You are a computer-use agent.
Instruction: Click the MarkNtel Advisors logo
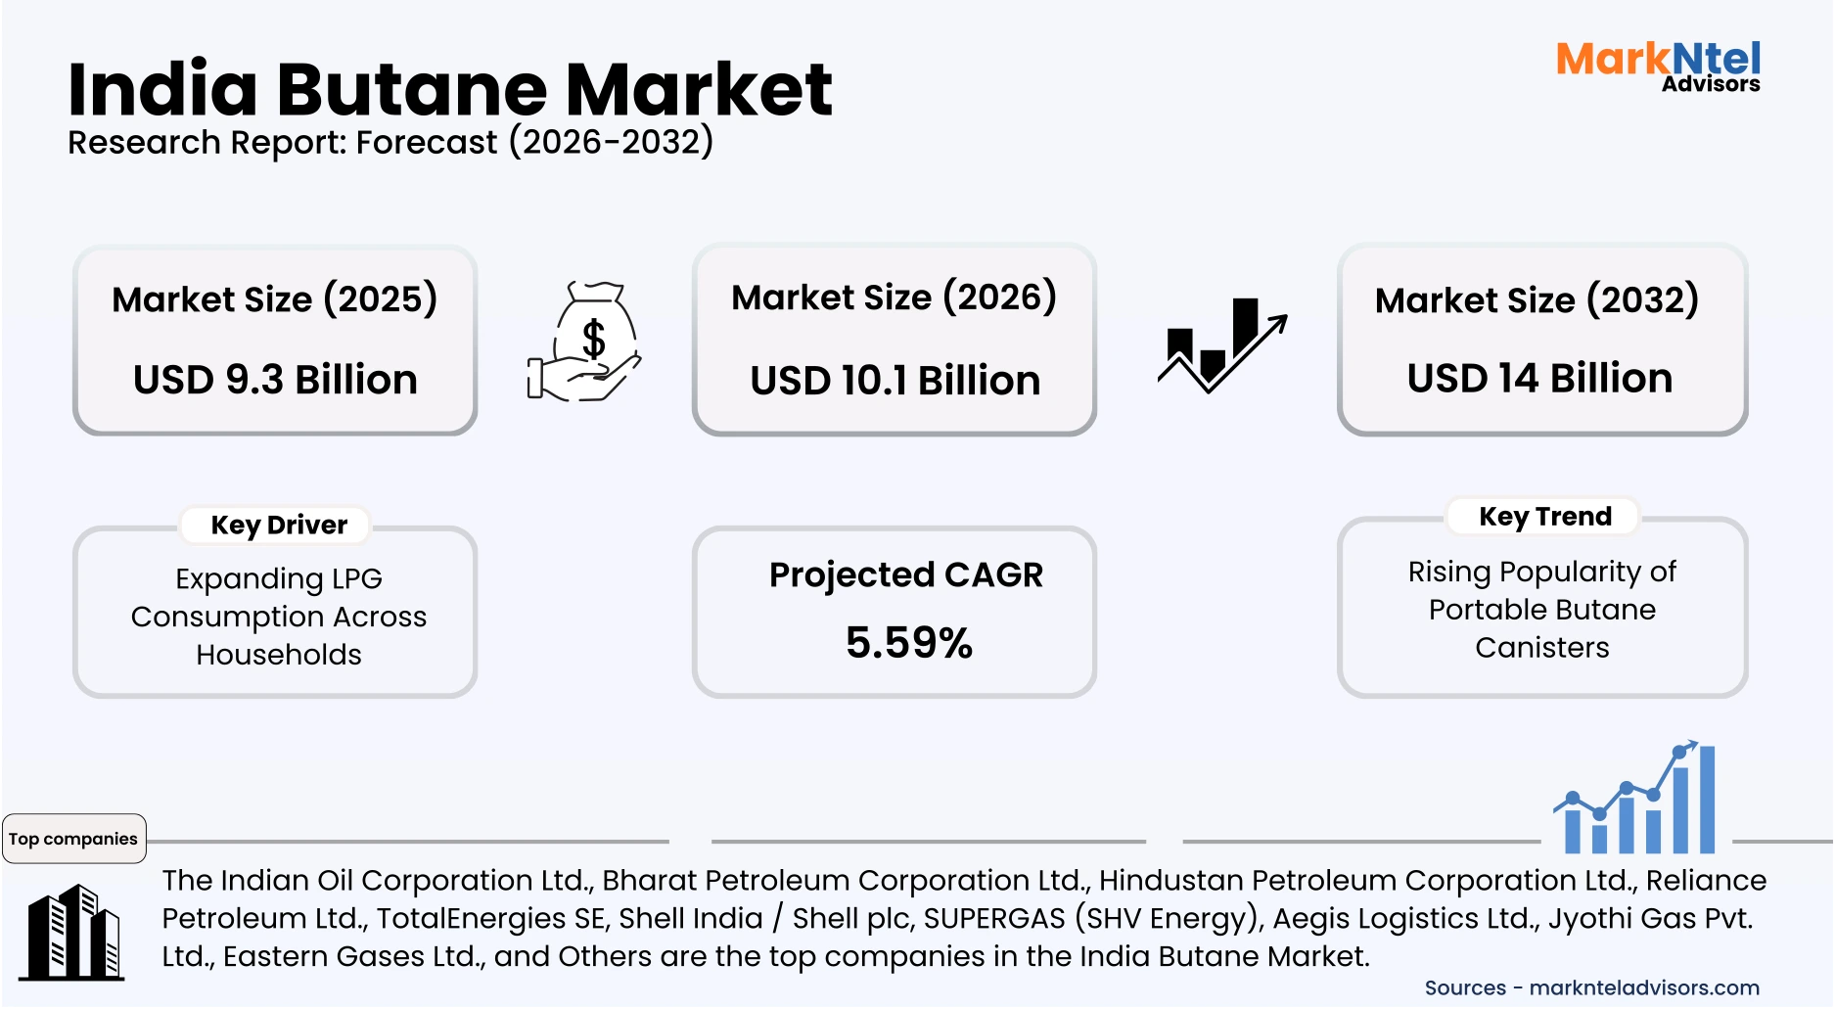pos(1658,66)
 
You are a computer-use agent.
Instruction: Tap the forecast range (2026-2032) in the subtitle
pos(611,142)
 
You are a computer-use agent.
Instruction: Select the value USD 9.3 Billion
pos(275,380)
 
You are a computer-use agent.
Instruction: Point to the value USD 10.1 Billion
pos(895,381)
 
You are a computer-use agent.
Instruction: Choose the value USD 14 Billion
pos(1539,379)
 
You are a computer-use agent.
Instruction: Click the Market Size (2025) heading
pos(274,299)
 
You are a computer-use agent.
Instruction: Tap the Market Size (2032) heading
pos(1537,300)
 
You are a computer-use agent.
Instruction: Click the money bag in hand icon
pos(584,342)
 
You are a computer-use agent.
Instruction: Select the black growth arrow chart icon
pos(1221,345)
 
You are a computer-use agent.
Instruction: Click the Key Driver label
pos(279,526)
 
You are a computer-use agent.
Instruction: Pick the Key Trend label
pos(1544,517)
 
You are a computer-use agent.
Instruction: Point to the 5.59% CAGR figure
pos(908,643)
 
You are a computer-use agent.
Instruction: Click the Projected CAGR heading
pos(905,574)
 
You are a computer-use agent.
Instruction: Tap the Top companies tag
pos(73,839)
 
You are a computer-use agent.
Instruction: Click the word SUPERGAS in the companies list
pos(993,919)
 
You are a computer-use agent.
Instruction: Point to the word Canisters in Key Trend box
pos(1541,648)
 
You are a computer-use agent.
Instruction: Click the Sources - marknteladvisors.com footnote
pos(1591,988)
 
